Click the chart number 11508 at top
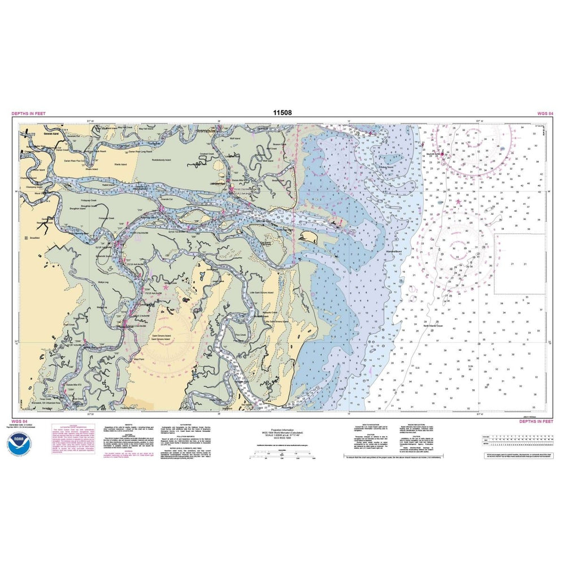tap(282, 114)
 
